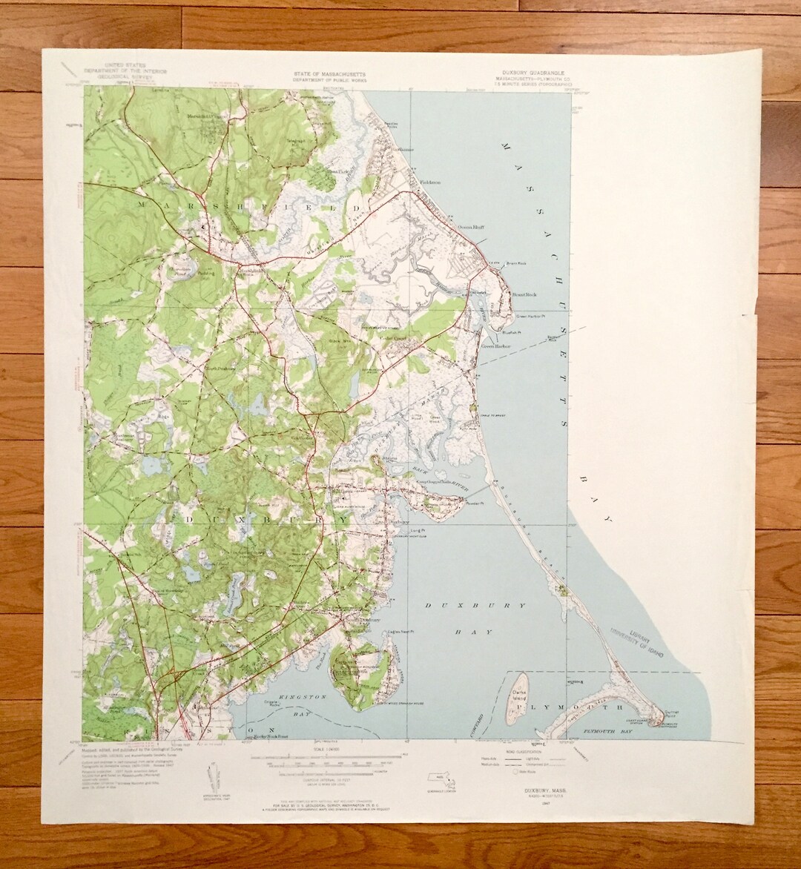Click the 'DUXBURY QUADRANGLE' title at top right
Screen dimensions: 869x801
pos(533,73)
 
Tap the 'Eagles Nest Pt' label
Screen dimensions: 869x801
pos(400,632)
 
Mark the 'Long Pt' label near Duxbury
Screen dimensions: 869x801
pos(417,531)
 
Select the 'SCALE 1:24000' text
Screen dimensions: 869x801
pos(326,750)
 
